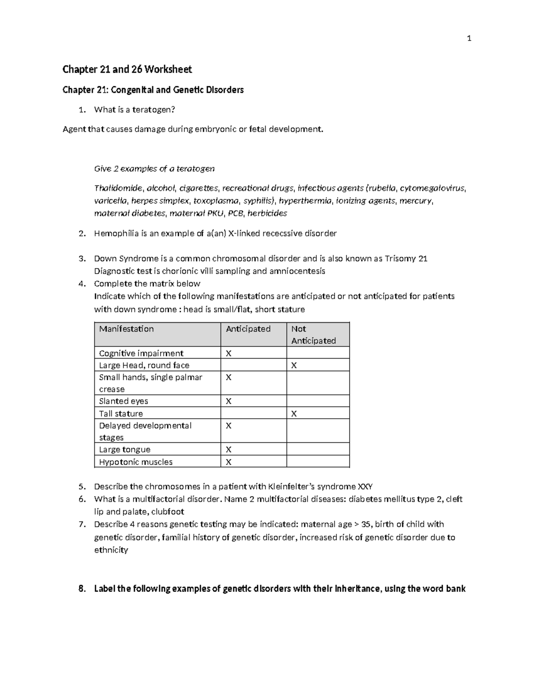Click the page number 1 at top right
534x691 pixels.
point(469,39)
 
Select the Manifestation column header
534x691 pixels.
point(126,329)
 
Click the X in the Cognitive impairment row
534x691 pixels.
point(229,353)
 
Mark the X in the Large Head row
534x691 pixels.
point(294,365)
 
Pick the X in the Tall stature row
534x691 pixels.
point(294,414)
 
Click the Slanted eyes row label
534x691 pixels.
point(123,401)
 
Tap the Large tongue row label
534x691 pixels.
point(125,449)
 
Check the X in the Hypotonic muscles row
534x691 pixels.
point(229,462)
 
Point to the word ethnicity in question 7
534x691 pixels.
point(111,550)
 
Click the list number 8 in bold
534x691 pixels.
point(81,589)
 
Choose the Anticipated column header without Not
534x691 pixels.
point(248,329)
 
